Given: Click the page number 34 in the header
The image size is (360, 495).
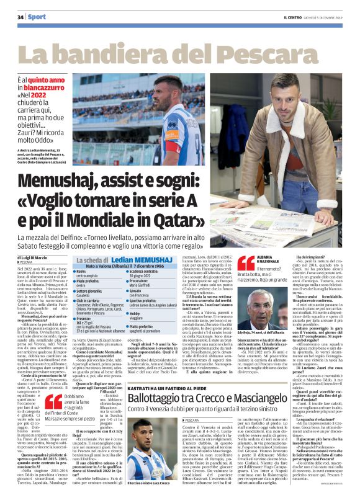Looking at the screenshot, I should pyautogui.click(x=20, y=17).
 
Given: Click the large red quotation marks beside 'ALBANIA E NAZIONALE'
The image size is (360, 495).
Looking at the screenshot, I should pyautogui.click(x=246, y=263).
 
